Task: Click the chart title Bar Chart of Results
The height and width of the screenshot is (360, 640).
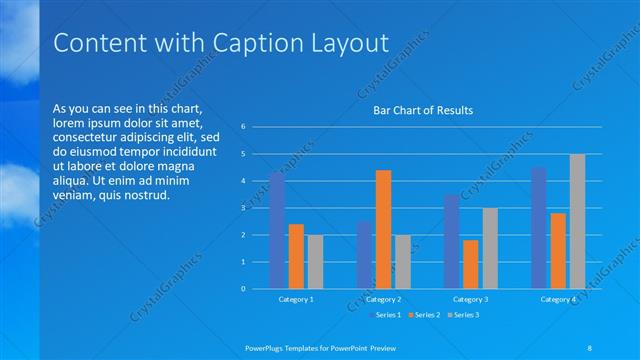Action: click(422, 110)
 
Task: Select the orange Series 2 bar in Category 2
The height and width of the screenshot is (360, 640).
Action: click(383, 229)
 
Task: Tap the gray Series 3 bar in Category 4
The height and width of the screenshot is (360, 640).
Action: click(577, 221)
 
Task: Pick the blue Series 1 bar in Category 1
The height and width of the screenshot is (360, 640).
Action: click(276, 231)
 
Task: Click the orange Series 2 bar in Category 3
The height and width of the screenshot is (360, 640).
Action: click(470, 264)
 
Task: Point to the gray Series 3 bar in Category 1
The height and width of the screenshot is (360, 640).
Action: click(315, 262)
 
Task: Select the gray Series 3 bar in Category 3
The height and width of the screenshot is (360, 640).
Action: click(490, 248)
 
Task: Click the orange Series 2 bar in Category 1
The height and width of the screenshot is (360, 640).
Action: click(296, 256)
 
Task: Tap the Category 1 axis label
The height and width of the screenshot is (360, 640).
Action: click(296, 299)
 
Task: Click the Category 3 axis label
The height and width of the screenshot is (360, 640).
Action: click(470, 299)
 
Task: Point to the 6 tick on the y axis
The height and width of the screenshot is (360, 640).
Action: click(243, 127)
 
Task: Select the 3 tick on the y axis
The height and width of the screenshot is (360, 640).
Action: click(243, 208)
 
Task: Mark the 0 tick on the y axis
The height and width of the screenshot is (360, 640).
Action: click(243, 289)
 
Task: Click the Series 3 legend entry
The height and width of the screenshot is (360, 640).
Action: click(463, 315)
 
